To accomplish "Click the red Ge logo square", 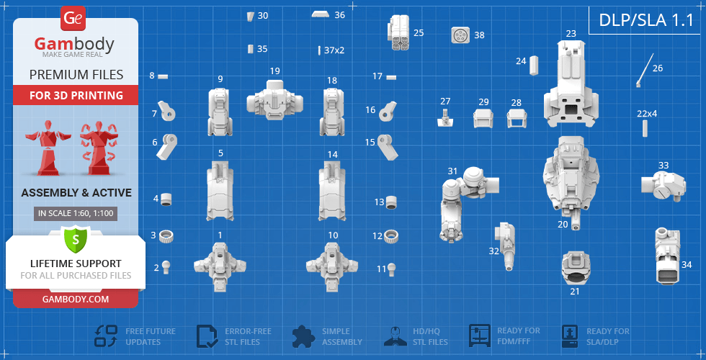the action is [x=73, y=19].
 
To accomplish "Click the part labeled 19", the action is [x=274, y=100].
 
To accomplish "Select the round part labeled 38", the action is [x=460, y=35].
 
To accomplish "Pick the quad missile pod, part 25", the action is [x=398, y=32].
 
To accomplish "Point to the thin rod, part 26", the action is [x=645, y=71].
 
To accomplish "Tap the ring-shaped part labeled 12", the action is [x=391, y=236].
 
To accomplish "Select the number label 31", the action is [x=452, y=171].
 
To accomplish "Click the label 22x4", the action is [x=647, y=114].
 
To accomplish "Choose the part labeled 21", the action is [x=576, y=268].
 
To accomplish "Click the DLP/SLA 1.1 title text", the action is [x=646, y=20].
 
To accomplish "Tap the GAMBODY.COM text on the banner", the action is [x=76, y=299].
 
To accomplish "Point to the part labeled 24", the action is [x=534, y=66].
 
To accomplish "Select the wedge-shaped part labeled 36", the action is [x=323, y=14].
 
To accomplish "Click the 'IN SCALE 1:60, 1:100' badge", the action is [x=76, y=214].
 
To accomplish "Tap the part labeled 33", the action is [x=663, y=185].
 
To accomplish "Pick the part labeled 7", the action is [x=166, y=111].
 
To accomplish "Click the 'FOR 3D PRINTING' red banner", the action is [x=76, y=95].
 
